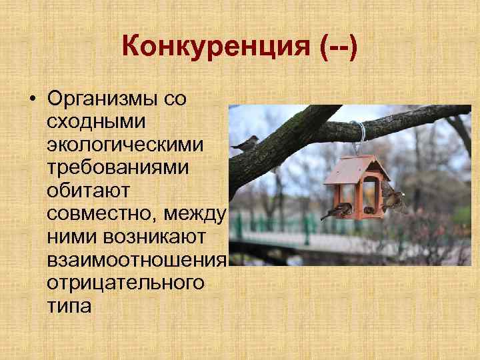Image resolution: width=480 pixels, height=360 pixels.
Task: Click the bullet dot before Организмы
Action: (x=32, y=99)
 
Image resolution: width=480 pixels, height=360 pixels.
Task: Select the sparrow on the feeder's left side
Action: (x=337, y=211)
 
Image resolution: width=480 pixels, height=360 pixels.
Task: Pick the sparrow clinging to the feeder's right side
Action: (x=394, y=198)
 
